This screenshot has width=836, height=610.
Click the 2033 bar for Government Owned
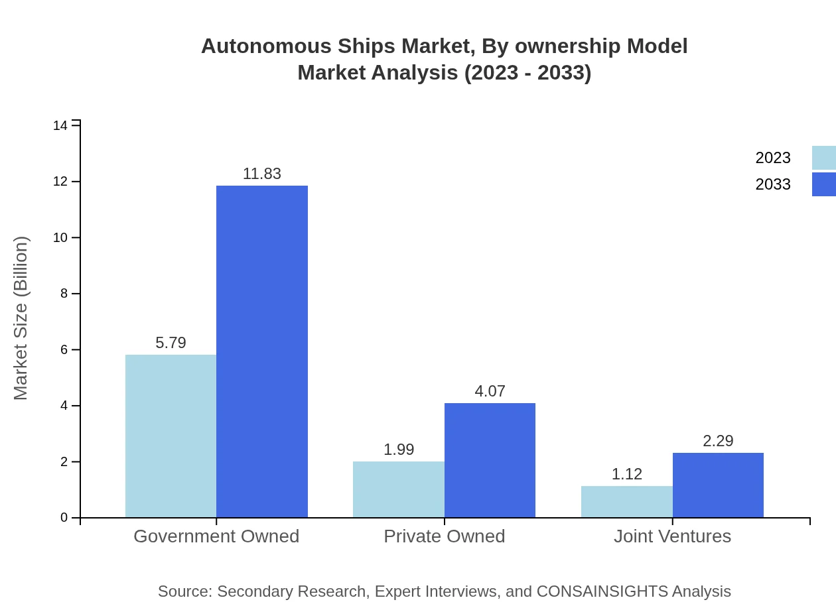tap(262, 351)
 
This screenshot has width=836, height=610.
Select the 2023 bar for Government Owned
tap(171, 436)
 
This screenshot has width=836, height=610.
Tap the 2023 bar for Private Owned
tap(398, 489)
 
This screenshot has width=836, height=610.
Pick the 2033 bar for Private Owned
tap(490, 460)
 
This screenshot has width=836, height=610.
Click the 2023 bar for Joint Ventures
tap(626, 501)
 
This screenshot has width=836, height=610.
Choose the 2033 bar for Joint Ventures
tap(718, 485)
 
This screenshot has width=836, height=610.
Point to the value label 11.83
tap(262, 174)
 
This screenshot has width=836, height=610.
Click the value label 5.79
tap(171, 343)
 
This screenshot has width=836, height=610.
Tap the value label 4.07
tap(490, 391)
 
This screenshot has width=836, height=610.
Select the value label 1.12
tap(626, 474)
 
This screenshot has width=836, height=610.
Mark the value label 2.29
tap(718, 441)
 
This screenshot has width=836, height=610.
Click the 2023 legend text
tap(773, 158)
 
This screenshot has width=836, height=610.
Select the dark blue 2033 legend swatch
tap(824, 184)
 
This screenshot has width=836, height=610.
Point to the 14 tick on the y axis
tap(60, 126)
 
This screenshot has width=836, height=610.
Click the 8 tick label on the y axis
tap(64, 294)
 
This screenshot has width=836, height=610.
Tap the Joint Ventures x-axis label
tap(672, 536)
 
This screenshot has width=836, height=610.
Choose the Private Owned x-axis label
tap(445, 536)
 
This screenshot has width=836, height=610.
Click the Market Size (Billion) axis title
tap(21, 318)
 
